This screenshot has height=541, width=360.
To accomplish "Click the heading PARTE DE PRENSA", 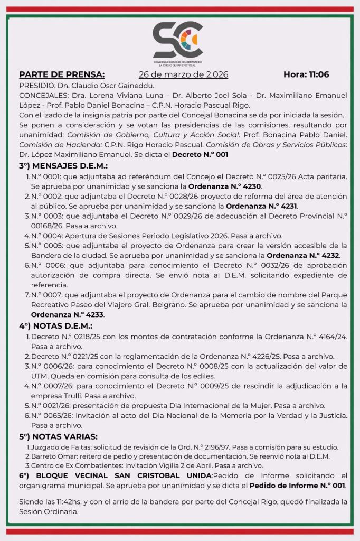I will click(x=62, y=74).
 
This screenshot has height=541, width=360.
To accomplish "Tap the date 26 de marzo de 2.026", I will click(x=183, y=74).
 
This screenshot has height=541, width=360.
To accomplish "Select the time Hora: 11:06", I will click(x=306, y=74).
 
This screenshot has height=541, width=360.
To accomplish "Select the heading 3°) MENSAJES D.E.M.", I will click(x=63, y=166).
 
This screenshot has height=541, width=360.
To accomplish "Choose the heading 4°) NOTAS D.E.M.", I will click(x=55, y=326).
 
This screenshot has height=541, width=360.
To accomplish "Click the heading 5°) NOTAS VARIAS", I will click(x=58, y=436).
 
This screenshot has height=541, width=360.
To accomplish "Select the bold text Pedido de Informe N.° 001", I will click(x=298, y=485).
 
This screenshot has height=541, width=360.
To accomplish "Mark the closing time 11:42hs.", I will click(x=64, y=502).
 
